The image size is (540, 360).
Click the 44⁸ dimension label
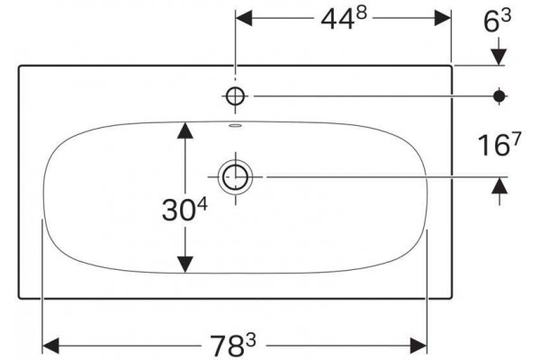[344, 19]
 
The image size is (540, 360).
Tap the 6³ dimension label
[498, 21]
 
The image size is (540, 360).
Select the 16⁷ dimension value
[499, 144]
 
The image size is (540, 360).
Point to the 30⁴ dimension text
[184, 209]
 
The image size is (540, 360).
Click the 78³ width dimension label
[233, 346]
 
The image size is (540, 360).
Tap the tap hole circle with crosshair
[236, 96]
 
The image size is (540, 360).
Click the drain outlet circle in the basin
[236, 177]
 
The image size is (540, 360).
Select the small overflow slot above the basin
[236, 126]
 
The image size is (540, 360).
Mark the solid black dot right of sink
[499, 96]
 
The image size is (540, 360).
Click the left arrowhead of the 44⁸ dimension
[244, 18]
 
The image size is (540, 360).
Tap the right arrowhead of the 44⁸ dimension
[443, 18]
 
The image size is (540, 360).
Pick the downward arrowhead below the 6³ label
[499, 57]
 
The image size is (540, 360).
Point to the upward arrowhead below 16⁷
[499, 185]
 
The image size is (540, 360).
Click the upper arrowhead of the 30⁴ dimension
[185, 130]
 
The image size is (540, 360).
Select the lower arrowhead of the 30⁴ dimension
[185, 265]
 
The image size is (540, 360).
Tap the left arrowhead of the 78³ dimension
[50, 346]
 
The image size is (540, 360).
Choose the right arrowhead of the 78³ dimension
[418, 346]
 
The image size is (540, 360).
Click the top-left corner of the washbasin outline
[19, 66]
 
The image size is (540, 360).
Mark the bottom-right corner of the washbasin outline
[451, 298]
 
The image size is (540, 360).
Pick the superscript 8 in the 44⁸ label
[362, 13]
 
